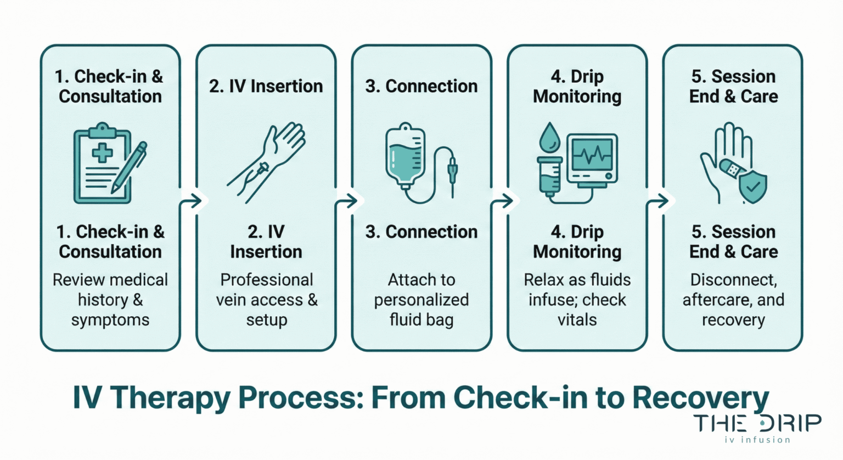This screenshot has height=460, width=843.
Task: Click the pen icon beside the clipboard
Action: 130,167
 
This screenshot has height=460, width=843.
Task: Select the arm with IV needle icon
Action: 266,162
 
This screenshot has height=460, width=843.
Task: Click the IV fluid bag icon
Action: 405,156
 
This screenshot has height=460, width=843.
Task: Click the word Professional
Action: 266,280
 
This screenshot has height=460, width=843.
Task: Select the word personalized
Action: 421,300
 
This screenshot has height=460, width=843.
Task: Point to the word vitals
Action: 577,320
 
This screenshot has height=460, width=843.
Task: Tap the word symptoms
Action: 110,320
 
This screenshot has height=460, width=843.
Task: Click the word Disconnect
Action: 733,280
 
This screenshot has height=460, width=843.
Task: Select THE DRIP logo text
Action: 757,423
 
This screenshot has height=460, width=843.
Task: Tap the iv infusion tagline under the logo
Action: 757,440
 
